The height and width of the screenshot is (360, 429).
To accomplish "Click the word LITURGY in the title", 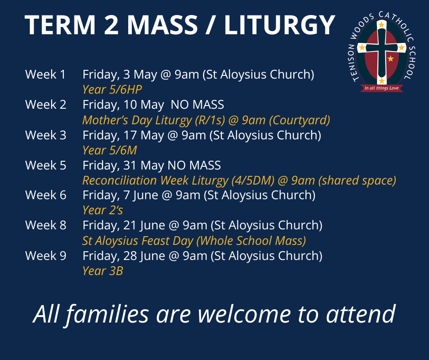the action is tap(280, 25).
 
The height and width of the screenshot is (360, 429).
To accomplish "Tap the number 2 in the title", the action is tap(111, 25).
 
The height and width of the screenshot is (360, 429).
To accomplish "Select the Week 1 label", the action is tap(46, 74).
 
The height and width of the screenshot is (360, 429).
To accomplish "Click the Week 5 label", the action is tap(46, 165).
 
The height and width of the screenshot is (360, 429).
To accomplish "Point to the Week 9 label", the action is tap(46, 256).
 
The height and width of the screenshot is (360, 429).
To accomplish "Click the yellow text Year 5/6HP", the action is tap(112, 90).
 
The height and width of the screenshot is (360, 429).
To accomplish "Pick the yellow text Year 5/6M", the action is tap(110, 150).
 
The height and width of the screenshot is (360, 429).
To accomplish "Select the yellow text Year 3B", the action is tap(103, 270).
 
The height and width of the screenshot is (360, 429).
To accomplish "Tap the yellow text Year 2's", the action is tap(103, 210).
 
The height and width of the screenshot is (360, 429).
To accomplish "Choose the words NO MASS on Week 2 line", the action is tap(197, 105).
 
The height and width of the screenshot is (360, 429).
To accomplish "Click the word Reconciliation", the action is tap(120, 180).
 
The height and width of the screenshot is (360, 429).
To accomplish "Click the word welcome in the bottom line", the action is tap(244, 314).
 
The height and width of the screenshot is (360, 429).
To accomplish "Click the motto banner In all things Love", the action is tap(382, 88).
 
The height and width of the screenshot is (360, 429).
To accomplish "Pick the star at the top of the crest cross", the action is tap(382, 25).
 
